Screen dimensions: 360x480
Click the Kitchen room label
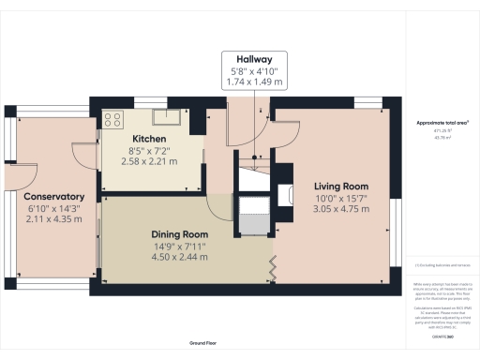coord(149,139)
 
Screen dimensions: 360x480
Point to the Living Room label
coord(339,186)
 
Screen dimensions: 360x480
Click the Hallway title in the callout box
coord(255,56)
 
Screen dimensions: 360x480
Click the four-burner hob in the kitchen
coord(114,119)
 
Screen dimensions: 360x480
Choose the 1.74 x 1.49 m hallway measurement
coord(255,82)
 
